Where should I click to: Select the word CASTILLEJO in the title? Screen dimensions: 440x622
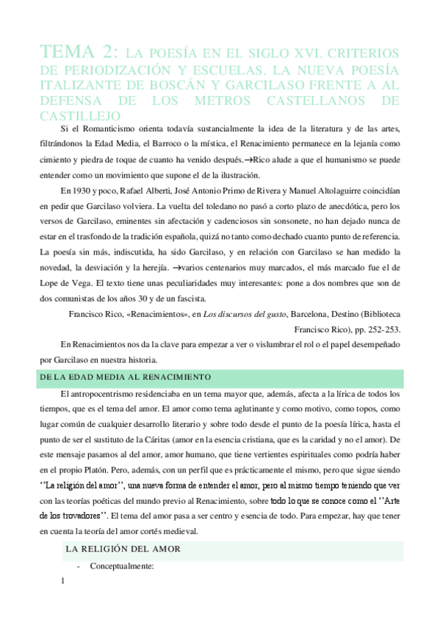(x=78, y=116)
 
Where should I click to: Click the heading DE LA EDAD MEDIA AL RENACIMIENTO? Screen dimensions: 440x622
(x=126, y=377)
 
